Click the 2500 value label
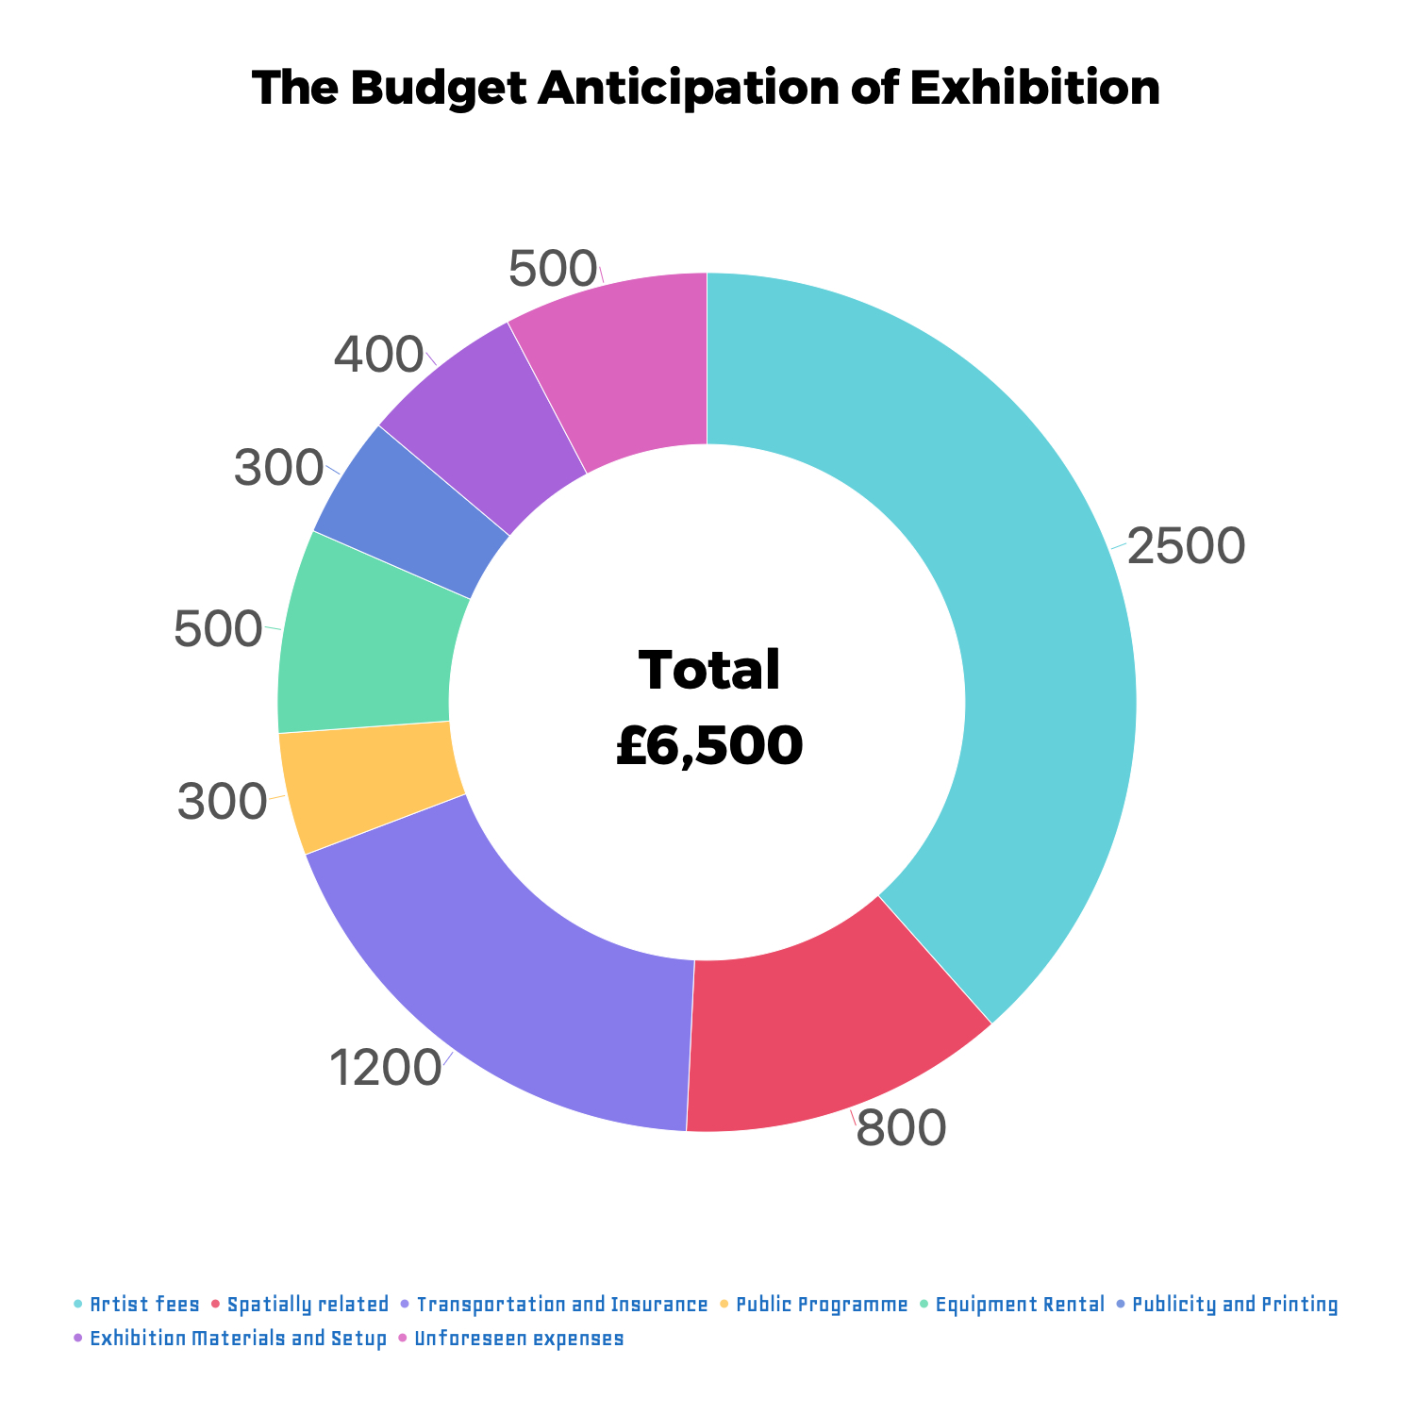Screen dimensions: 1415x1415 click(x=1186, y=547)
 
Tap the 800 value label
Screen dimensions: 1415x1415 click(x=900, y=1128)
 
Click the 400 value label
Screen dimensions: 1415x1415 click(x=378, y=356)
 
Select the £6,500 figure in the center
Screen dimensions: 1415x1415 click(x=709, y=745)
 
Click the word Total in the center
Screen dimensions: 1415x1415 click(x=709, y=670)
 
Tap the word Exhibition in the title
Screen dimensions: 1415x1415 click(x=1034, y=89)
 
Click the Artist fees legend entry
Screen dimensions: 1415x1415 click(x=144, y=1305)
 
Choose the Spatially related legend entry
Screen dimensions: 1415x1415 click(x=308, y=1305)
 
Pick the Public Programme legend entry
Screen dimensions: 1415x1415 click(x=821, y=1305)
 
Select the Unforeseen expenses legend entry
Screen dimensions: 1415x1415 click(x=519, y=1339)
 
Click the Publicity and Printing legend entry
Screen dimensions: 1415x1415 click(x=1234, y=1305)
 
